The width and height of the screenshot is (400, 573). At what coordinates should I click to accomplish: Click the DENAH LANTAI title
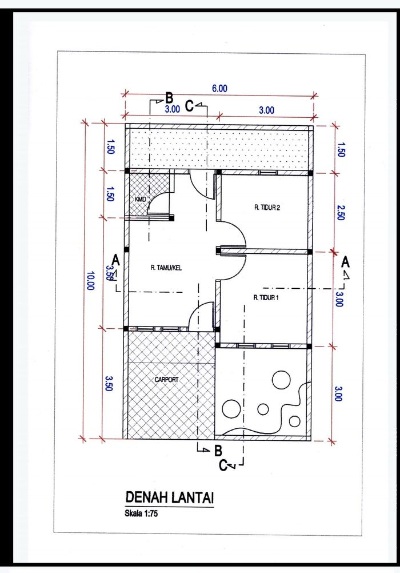pos(170,498)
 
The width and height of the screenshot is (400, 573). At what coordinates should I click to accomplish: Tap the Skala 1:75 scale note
pos(141,514)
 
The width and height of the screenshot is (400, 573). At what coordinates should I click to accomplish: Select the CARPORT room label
pos(167,380)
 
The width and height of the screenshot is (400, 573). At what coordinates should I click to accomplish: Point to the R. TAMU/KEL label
pos(166,268)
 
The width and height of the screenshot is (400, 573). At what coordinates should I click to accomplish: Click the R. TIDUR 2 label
pos(267,208)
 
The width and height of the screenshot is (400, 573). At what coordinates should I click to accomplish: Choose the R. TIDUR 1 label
pos(266,298)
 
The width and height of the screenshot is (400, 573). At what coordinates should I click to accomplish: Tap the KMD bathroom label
pos(140,199)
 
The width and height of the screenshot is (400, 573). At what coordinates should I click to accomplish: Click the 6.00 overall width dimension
pos(219,89)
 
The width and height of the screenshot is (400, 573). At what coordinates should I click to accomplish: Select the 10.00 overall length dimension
pos(90,281)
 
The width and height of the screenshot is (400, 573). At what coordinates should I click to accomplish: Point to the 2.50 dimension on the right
pos(340,213)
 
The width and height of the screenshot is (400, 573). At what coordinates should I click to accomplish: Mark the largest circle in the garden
pos(281,380)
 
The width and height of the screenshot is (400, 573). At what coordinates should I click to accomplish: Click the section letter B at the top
pos(169,98)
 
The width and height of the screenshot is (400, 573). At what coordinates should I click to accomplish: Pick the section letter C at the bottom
pos(223,465)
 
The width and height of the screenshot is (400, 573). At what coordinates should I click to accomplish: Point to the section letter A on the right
pos(345,262)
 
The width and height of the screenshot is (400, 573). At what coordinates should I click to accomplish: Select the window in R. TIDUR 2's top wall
pos(268,173)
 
